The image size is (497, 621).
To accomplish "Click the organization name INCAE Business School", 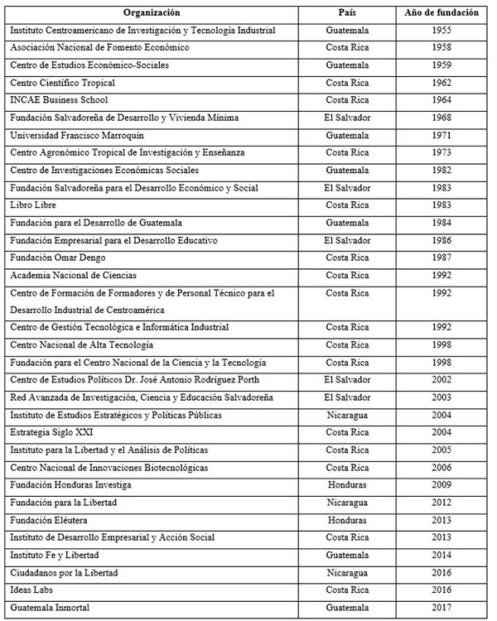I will point(54,100).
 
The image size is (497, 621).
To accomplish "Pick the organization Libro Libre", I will point(33,205).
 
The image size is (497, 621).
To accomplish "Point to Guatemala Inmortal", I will point(51,609).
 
